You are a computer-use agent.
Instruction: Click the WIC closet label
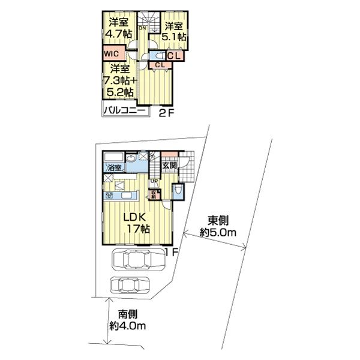coord(112,53)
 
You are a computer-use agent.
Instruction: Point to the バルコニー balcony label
coord(124,110)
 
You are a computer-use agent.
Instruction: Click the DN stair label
coord(142,28)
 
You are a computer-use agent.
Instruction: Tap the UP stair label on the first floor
coord(154,180)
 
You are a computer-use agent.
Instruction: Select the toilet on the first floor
coord(178,191)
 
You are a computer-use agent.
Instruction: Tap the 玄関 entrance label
coord(169,165)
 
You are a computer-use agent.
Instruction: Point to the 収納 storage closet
coord(154,193)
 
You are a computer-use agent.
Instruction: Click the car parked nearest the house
coord(137,259)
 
